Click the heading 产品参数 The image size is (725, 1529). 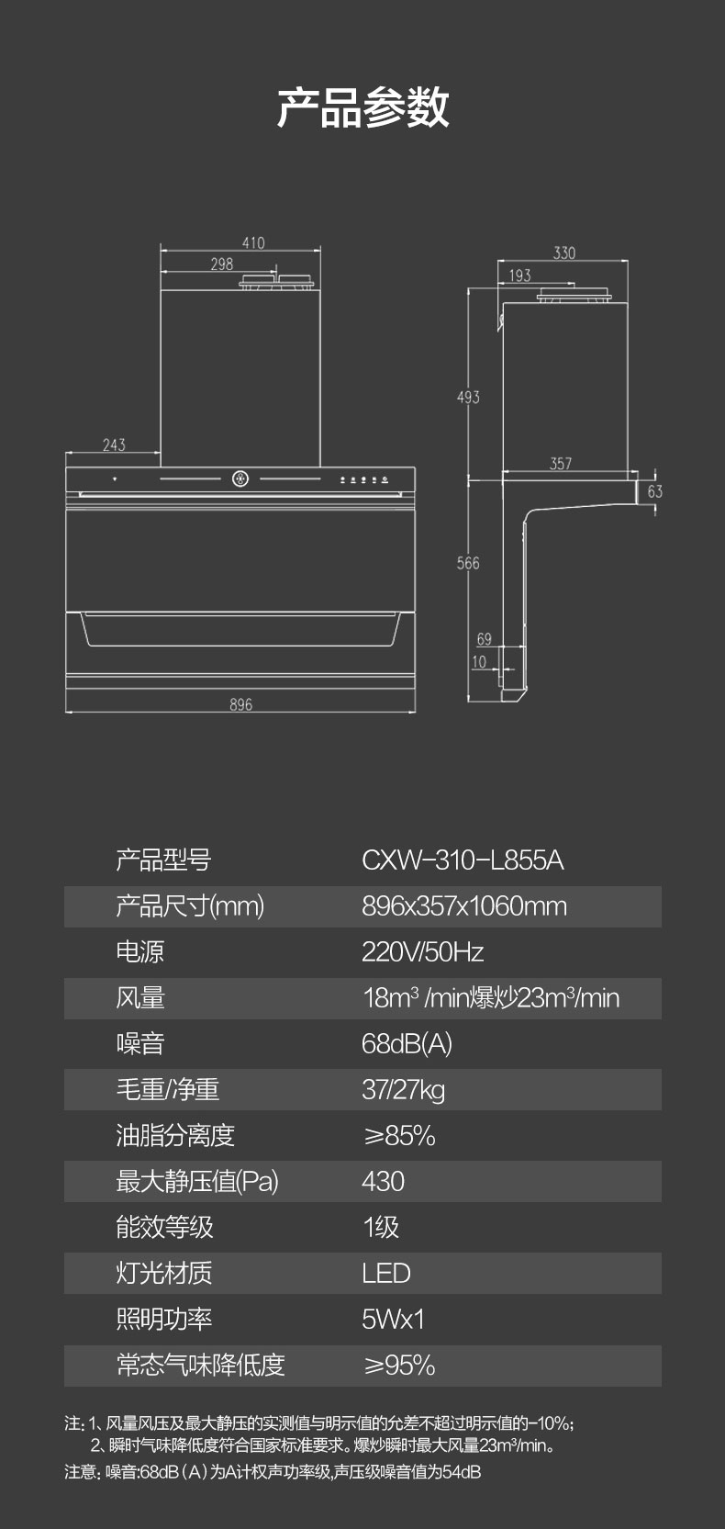pyautogui.click(x=362, y=107)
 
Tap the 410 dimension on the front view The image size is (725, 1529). pyautogui.click(x=253, y=243)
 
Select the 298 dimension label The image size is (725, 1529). pyautogui.click(x=222, y=264)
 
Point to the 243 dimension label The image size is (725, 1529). pyautogui.click(x=114, y=445)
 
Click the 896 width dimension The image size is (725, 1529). pyautogui.click(x=240, y=704)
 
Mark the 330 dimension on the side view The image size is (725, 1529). pyautogui.click(x=564, y=253)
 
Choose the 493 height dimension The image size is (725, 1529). pyautogui.click(x=468, y=398)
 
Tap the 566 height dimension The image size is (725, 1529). pyautogui.click(x=468, y=563)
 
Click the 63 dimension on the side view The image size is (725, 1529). pyautogui.click(x=654, y=491)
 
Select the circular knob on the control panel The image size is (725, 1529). pyautogui.click(x=240, y=478)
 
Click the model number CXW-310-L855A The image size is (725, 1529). pyautogui.click(x=463, y=860)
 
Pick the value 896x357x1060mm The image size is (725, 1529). pyautogui.click(x=463, y=906)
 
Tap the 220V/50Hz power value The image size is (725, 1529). pyautogui.click(x=423, y=952)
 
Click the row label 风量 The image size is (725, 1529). pyautogui.click(x=140, y=998)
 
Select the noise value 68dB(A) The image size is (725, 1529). pyautogui.click(x=407, y=1044)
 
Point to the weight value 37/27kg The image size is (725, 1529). pyautogui.click(x=404, y=1090)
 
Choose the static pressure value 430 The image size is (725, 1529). pyautogui.click(x=384, y=1182)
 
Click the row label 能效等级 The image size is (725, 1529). pyautogui.click(x=164, y=1227)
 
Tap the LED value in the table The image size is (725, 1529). pyautogui.click(x=386, y=1273)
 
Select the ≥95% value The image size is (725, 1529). pyautogui.click(x=399, y=1366)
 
